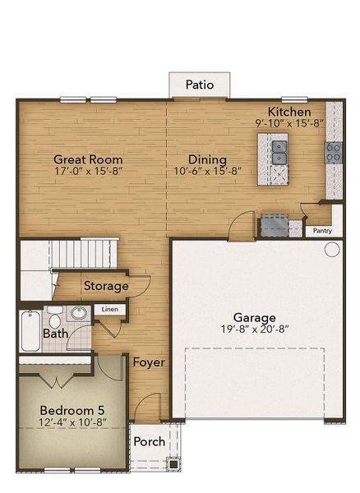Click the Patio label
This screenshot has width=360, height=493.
[200, 84]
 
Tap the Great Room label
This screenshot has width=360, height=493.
[88, 159]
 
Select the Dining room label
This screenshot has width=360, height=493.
[207, 159]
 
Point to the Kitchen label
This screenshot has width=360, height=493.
[289, 112]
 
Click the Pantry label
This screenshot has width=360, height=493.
[323, 231]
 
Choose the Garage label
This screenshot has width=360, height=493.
[254, 317]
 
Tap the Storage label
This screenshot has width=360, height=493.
[106, 286]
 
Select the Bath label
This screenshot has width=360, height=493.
[56, 334]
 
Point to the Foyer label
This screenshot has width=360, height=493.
[149, 362]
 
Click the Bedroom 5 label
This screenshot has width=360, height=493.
[72, 409]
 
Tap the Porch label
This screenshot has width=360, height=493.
[149, 441]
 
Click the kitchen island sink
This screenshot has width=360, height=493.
[279, 151]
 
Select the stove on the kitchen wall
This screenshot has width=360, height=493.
[335, 152]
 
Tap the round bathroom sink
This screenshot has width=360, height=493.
[79, 313]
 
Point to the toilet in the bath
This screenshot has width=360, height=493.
[54, 315]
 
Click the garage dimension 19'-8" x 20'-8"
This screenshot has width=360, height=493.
[254, 330]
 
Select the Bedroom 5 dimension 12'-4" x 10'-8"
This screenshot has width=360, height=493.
[72, 422]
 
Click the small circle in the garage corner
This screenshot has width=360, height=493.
[331, 250]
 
